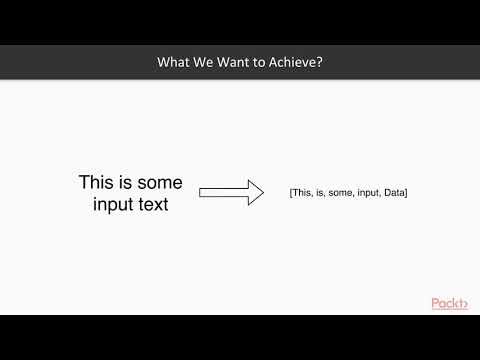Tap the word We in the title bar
point(205,62)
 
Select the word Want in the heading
point(234,62)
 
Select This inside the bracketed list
point(302,192)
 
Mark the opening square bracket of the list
point(290,192)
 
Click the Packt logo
point(450,303)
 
